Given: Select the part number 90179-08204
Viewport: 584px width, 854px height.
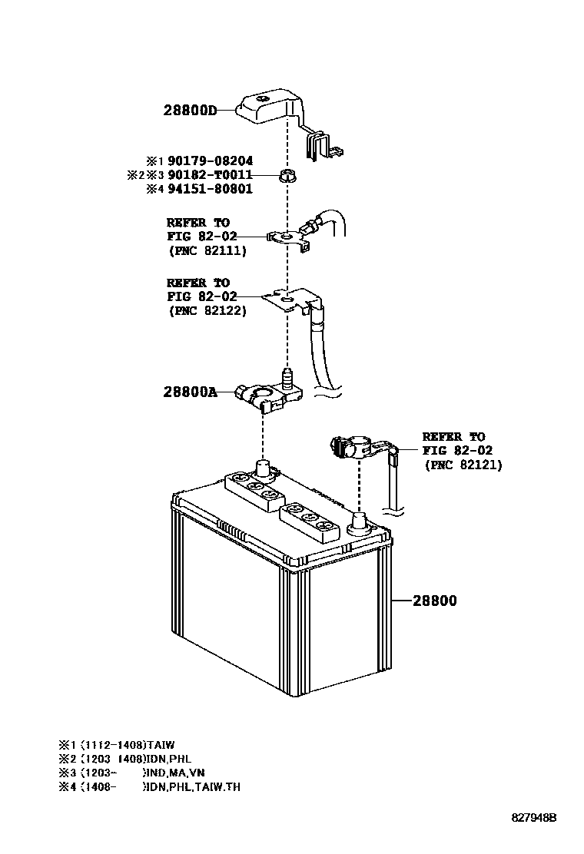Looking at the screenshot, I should click(210, 161).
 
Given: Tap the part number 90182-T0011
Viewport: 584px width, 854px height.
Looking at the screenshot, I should click(210, 175).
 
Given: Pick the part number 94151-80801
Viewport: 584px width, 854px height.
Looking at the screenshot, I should click(210, 189).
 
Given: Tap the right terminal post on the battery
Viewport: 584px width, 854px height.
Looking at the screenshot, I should click(358, 524).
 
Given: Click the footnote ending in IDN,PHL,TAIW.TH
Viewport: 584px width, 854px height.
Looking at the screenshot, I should click(149, 786).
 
